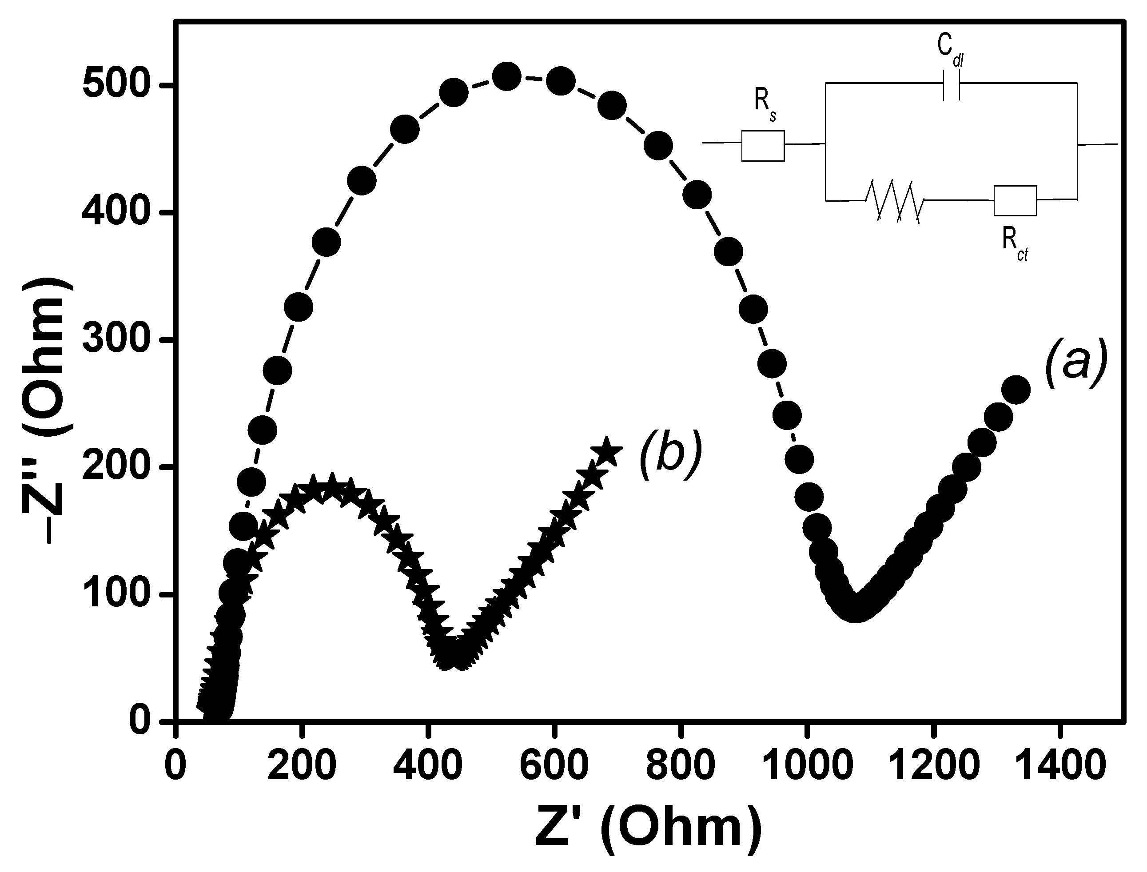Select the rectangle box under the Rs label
tap(762, 146)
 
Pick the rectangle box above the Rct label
tap(1015, 200)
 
